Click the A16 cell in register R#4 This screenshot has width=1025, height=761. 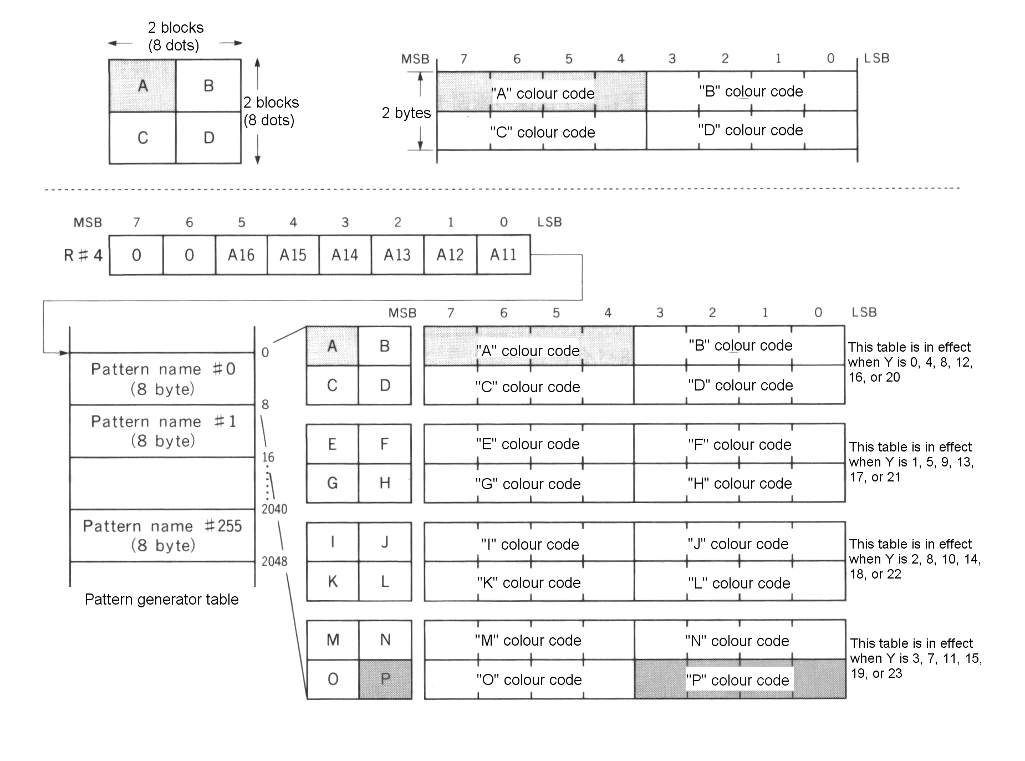[x=241, y=255]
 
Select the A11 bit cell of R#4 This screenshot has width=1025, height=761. [x=503, y=255]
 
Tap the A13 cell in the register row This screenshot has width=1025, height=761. [x=397, y=255]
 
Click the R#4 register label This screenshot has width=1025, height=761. [x=83, y=255]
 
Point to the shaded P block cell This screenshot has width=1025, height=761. [x=385, y=679]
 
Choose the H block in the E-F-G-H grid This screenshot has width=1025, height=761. [x=385, y=483]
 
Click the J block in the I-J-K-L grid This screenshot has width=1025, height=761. [x=385, y=542]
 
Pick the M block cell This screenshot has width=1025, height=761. [x=333, y=640]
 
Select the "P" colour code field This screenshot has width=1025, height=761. [x=740, y=680]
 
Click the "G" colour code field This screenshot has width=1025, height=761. [x=528, y=484]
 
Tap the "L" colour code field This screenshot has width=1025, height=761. [x=740, y=583]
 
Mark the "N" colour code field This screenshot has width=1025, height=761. [x=740, y=641]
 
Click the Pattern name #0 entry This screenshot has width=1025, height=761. [x=162, y=379]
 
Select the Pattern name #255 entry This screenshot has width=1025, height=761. [x=162, y=535]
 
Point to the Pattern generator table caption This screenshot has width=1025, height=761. [x=161, y=600]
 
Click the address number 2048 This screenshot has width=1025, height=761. [x=274, y=561]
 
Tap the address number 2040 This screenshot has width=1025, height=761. [x=274, y=509]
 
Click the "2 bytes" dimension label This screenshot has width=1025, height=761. [x=406, y=113]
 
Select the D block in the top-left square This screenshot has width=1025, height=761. [x=208, y=138]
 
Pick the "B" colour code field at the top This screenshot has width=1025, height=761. [x=751, y=92]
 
